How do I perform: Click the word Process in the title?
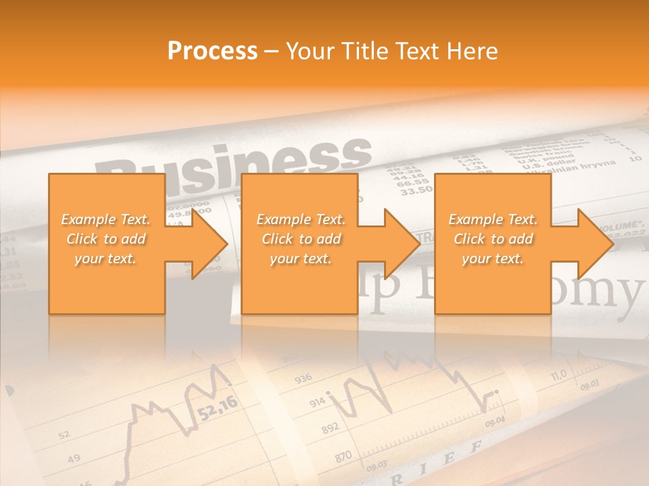[x=212, y=51]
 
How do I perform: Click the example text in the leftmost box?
[x=106, y=239]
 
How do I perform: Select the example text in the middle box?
[x=301, y=239]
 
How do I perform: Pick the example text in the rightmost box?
[x=493, y=239]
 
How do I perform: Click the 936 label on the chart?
[x=304, y=378]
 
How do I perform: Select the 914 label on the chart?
[x=318, y=402]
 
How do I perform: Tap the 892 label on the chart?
[x=331, y=429]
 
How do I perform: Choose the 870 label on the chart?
[x=343, y=457]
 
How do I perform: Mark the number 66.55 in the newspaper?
[x=413, y=182]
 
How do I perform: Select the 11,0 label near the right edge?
[x=558, y=375]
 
